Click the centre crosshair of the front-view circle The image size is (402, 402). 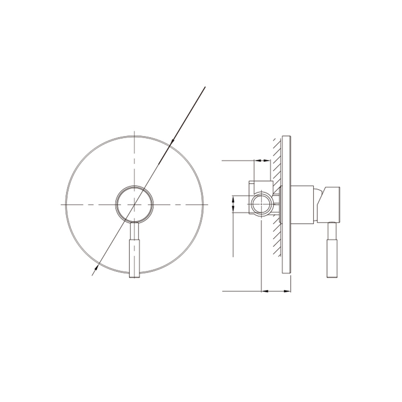tap(135, 204)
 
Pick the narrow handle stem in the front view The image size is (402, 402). tap(134, 230)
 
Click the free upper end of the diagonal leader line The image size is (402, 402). tap(205, 87)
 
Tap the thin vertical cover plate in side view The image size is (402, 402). tap(286, 205)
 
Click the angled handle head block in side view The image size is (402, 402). tap(330, 204)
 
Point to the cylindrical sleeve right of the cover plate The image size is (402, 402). tap(301, 204)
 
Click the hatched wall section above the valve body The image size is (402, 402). tap(277, 161)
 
